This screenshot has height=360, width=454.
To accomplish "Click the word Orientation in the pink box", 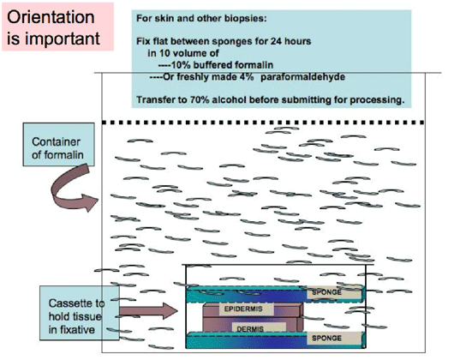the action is (x=51, y=17).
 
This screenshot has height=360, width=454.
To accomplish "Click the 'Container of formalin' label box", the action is (x=59, y=144).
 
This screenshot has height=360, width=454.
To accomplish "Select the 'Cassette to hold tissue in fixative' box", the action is (x=80, y=313).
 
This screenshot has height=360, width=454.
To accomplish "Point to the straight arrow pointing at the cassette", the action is (x=148, y=311).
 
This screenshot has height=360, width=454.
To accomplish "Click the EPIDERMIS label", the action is (x=243, y=309).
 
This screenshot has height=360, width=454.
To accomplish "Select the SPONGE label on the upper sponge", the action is (x=326, y=292).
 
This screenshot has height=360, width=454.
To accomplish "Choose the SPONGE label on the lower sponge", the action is (x=326, y=338).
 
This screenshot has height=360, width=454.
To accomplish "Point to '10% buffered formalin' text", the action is (x=222, y=65).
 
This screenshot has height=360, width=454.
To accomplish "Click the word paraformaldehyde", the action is (x=302, y=77).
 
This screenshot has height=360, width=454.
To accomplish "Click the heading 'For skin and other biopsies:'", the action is (x=201, y=19).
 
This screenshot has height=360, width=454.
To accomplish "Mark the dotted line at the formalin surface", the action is (x=263, y=123).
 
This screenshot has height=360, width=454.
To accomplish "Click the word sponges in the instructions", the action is (x=232, y=42).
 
